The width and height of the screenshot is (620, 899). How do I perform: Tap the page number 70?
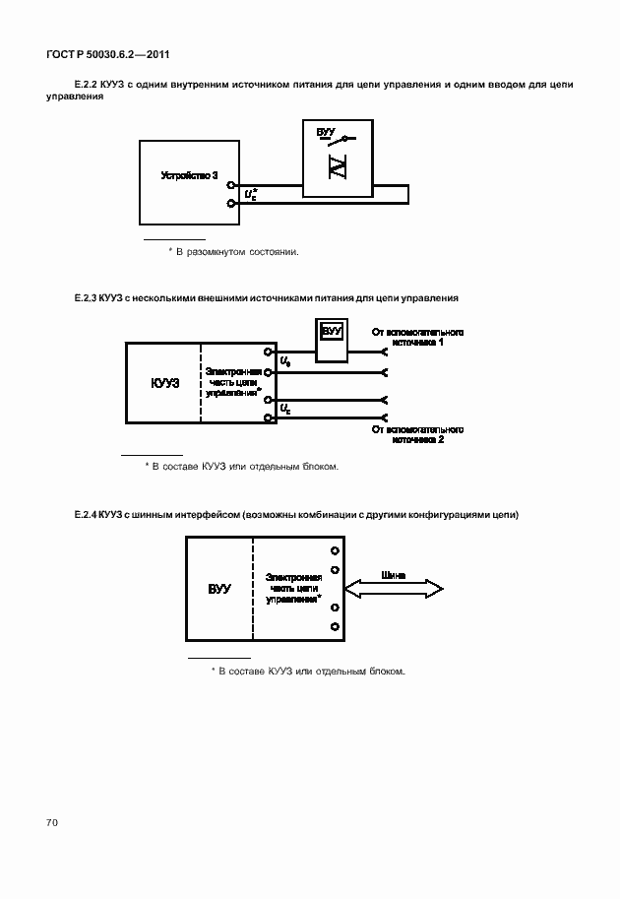[x=51, y=821]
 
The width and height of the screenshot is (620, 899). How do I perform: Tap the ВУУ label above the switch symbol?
[x=326, y=131]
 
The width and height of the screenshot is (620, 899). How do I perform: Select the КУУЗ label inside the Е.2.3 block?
[x=165, y=384]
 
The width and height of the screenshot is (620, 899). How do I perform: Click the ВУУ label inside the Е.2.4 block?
[x=218, y=589]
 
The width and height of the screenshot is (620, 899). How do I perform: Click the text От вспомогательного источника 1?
[x=417, y=337]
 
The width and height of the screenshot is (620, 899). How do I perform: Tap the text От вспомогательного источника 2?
[x=417, y=435]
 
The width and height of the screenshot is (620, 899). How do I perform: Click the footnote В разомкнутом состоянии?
[x=237, y=252]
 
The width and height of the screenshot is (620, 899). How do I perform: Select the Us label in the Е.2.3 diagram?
[x=285, y=363]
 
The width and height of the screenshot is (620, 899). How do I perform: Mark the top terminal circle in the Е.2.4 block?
[x=336, y=551]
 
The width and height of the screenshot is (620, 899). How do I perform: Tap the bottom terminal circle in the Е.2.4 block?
[x=336, y=627]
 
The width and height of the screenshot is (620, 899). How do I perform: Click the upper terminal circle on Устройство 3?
[x=230, y=184]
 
